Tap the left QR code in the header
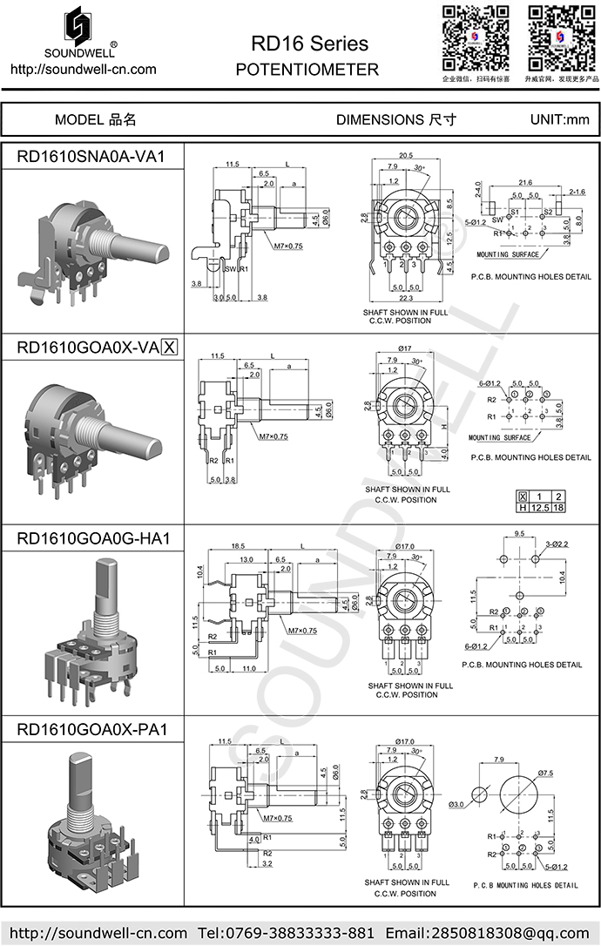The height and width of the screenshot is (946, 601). tap(476, 37)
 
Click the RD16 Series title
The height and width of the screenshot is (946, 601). tap(309, 44)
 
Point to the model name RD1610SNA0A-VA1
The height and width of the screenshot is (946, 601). tap(91, 156)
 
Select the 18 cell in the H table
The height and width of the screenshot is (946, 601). tap(559, 507)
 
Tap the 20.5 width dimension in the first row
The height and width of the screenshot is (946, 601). tap(406, 155)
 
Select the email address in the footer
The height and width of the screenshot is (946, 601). tap(489, 932)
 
